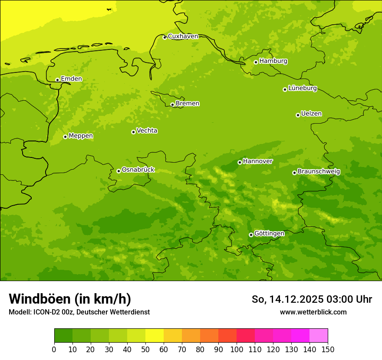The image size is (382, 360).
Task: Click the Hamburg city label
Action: pyautogui.click(x=273, y=61)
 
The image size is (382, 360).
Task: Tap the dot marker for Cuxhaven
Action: pyautogui.click(x=165, y=37)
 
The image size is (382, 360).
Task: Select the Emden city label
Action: pyautogui.click(x=71, y=79)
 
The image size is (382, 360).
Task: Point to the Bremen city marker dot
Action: pyautogui.click(x=172, y=105)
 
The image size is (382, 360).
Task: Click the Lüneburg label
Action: pyautogui.click(x=302, y=88)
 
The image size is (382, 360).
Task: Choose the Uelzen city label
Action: pyautogui.click(x=311, y=114)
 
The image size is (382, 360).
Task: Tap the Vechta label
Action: pyautogui.click(x=147, y=131)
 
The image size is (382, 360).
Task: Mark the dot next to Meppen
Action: pyautogui.click(x=65, y=137)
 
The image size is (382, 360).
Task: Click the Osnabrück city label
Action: pyautogui.click(x=138, y=170)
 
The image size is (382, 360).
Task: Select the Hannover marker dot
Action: pyautogui.click(x=240, y=162)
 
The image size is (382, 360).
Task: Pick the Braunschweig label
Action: pyautogui.click(x=319, y=171)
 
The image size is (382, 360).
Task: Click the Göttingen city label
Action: pyautogui.click(x=269, y=233)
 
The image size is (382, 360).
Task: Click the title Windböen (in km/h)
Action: pyautogui.click(x=70, y=299)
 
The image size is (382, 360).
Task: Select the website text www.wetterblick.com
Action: pyautogui.click(x=313, y=312)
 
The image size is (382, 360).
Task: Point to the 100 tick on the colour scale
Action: pyautogui.click(x=237, y=349)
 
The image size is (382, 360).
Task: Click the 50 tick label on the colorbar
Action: pyautogui.click(x=145, y=349)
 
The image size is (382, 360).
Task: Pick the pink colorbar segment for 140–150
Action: pyautogui.click(x=319, y=336)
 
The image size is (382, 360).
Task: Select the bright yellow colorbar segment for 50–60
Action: pyautogui.click(x=155, y=336)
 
